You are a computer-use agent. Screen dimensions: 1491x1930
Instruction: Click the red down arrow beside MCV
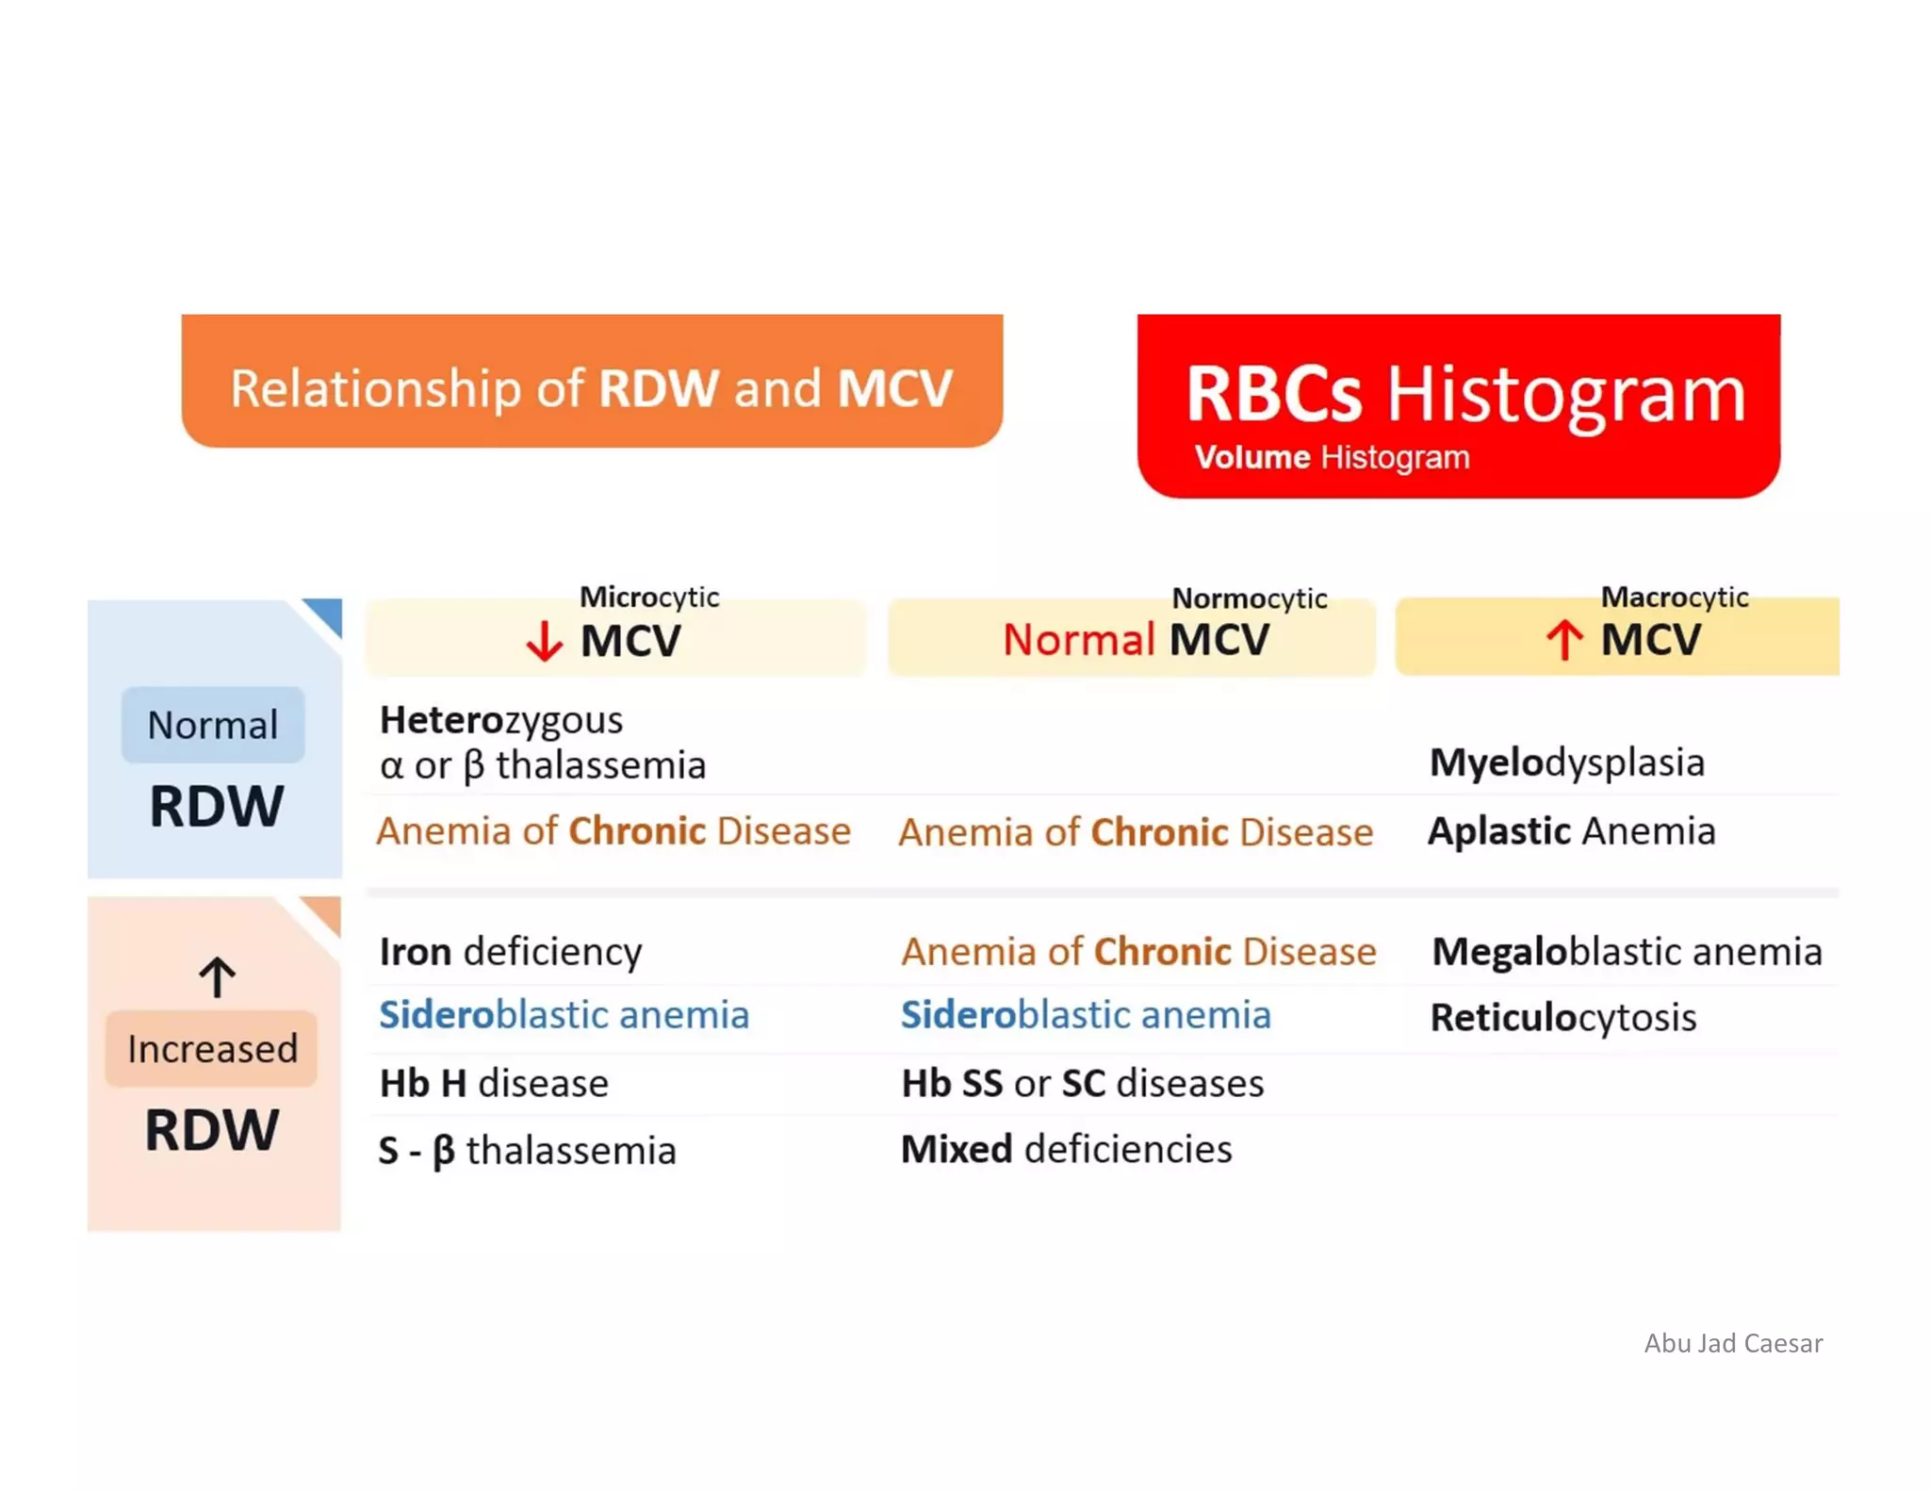click(544, 642)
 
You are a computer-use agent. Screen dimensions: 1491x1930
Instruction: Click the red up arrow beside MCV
click(1564, 640)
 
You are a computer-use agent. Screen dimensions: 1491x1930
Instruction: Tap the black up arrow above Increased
click(217, 977)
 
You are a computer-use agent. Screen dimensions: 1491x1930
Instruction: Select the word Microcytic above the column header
click(649, 597)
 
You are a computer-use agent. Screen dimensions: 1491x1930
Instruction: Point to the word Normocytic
click(1249, 598)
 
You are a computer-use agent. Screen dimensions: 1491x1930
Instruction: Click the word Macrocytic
click(1674, 597)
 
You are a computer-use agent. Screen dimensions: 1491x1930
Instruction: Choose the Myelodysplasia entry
click(1566, 762)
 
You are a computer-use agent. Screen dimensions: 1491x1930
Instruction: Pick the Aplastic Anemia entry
click(1571, 831)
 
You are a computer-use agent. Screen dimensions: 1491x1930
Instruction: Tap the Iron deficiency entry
click(510, 952)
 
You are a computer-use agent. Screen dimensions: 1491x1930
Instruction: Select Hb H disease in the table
click(494, 1084)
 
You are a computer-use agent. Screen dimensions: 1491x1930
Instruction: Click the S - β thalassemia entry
click(527, 1151)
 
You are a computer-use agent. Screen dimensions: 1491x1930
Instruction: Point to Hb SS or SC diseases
click(1082, 1084)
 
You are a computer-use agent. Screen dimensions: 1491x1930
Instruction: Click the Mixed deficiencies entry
click(1066, 1150)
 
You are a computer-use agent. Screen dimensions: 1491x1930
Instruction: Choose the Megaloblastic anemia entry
click(1627, 952)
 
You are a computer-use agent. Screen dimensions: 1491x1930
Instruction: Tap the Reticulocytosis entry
click(1562, 1018)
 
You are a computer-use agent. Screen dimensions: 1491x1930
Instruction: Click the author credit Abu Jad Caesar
click(1732, 1343)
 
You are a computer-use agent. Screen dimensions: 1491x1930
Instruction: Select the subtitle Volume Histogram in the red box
click(1332, 458)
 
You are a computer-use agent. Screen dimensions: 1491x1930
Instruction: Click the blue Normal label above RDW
click(213, 725)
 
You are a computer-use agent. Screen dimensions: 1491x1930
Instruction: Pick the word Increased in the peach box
click(213, 1049)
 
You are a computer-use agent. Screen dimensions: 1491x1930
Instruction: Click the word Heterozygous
click(500, 721)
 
